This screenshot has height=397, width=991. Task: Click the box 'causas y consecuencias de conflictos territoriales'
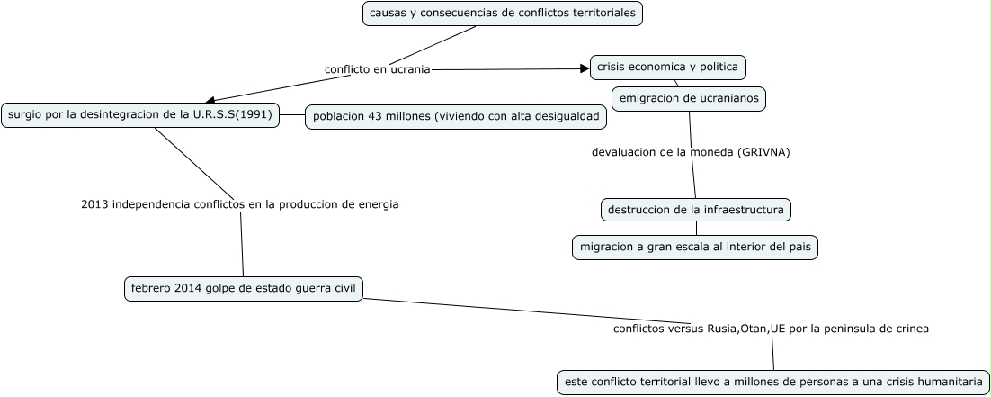tap(504, 14)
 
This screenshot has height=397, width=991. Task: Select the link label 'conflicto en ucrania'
tap(378, 69)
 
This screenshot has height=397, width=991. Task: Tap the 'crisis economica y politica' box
tap(668, 67)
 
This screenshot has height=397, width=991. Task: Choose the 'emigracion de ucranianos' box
tap(689, 98)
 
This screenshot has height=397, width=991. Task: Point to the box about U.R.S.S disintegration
tap(139, 114)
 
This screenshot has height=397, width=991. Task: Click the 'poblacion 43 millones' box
tap(456, 118)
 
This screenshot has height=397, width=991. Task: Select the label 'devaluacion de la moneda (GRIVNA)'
tap(690, 152)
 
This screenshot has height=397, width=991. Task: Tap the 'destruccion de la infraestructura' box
tap(696, 210)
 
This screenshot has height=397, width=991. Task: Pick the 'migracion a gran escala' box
tap(695, 248)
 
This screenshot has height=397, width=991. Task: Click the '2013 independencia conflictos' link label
tap(239, 204)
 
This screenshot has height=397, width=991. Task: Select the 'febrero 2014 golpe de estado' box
tap(244, 288)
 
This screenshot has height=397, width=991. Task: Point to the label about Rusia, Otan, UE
tap(771, 329)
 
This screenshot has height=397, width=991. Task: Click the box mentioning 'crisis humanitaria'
tap(772, 382)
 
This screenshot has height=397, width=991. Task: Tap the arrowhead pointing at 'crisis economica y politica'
tap(584, 68)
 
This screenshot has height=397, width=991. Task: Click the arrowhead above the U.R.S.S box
tap(209, 100)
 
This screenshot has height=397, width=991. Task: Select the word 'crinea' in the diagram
tap(910, 329)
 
